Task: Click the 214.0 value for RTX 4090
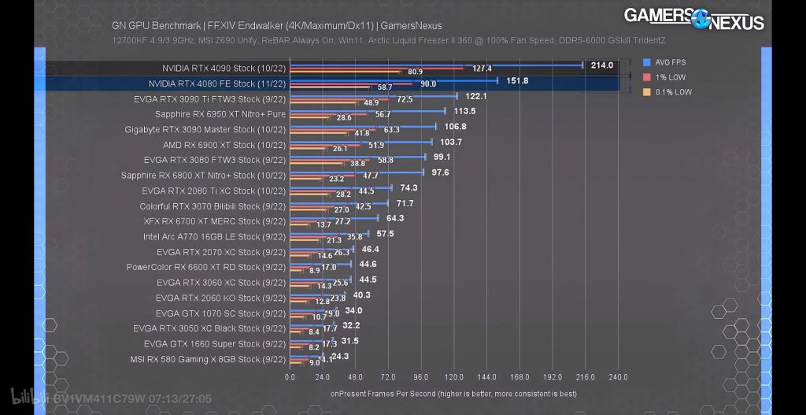(601, 65)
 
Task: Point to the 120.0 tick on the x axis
(454, 377)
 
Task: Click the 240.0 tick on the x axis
(618, 377)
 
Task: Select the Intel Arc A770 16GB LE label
(213, 236)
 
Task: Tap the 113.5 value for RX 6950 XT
(464, 111)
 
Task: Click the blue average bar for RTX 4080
(394, 80)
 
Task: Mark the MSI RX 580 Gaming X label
(207, 359)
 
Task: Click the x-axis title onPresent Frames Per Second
(453, 393)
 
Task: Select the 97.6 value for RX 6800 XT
(440, 172)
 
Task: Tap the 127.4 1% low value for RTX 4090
(482, 69)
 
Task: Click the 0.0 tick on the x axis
(290, 377)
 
